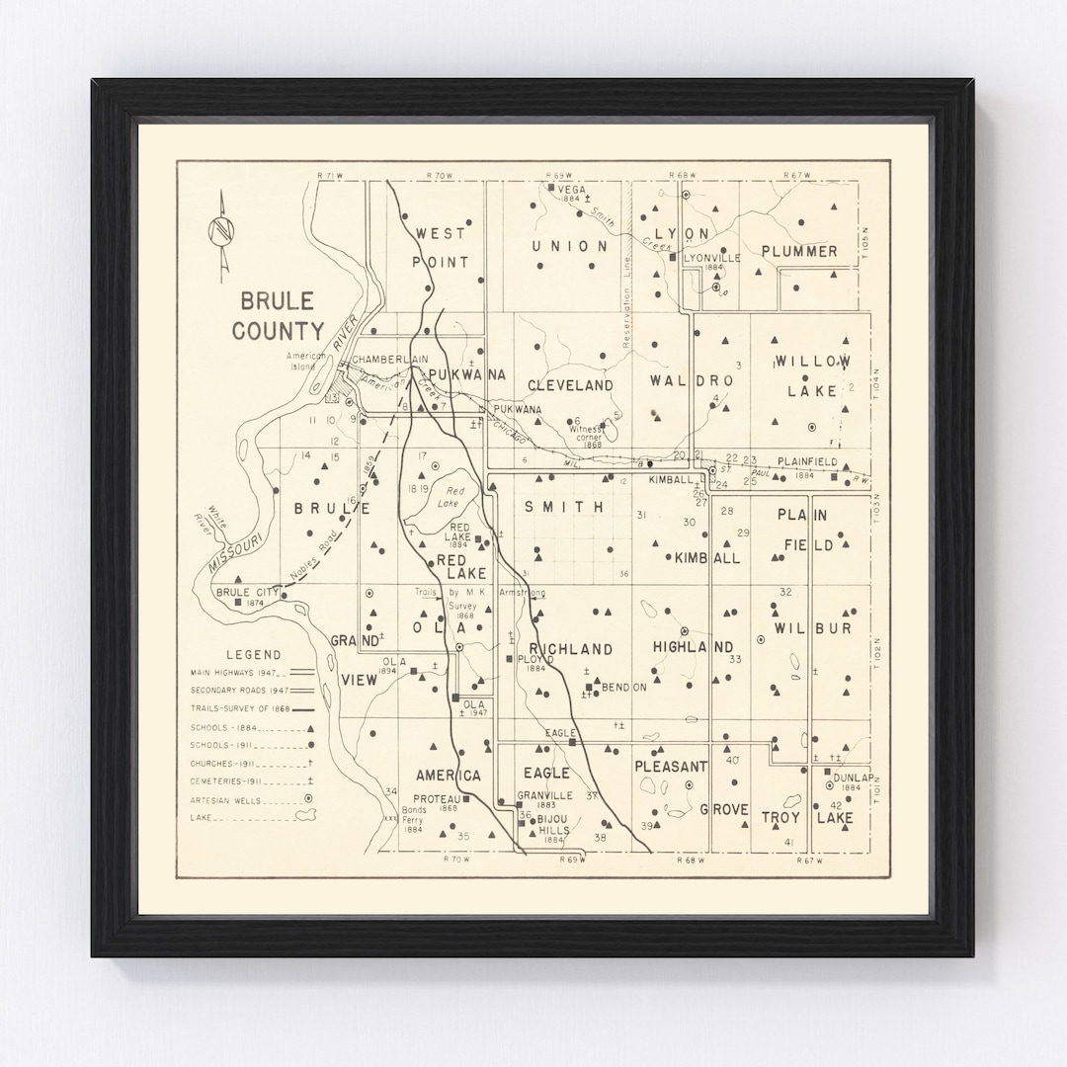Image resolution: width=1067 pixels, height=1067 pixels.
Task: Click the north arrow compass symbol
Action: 221,235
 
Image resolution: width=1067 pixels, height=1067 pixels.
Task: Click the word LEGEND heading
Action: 253,654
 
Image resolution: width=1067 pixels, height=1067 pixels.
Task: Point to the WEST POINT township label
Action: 441,247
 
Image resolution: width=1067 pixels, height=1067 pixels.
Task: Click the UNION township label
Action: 570,246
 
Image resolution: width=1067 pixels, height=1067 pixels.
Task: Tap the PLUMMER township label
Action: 799,251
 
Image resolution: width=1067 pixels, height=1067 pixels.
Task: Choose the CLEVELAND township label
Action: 570,385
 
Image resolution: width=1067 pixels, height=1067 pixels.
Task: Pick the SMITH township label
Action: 563,507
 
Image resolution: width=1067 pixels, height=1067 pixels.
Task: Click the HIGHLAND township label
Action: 693,647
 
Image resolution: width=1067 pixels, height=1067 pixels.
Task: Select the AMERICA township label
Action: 448,776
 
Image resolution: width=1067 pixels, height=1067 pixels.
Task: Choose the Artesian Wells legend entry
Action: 226,799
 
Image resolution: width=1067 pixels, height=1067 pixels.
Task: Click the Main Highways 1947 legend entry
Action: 233,672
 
